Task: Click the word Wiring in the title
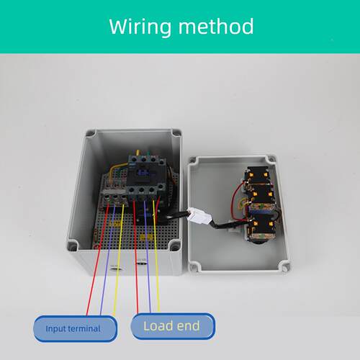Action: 140,27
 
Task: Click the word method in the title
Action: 216,27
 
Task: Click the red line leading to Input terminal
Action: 98,259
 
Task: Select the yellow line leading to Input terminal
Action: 119,260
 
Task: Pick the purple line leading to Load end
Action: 148,257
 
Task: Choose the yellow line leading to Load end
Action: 156,256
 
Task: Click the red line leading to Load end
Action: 136,257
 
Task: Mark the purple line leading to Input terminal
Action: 108,260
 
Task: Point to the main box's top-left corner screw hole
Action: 91,133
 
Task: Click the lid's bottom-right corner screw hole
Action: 285,268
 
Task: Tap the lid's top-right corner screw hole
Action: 271,159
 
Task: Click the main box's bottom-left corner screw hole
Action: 72,246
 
